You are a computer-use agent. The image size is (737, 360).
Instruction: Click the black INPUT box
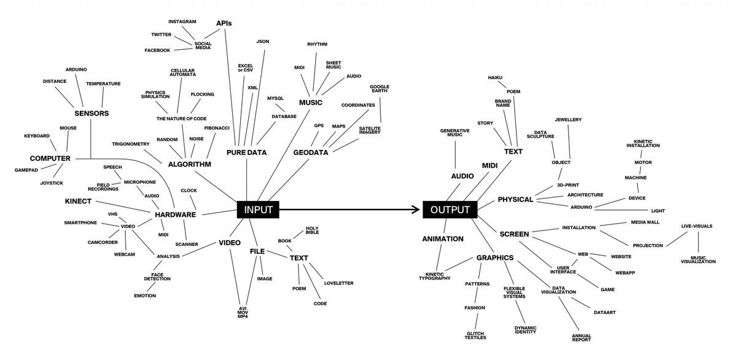258,209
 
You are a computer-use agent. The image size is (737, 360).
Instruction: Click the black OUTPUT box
450,209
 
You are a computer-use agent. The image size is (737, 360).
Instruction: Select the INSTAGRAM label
182,22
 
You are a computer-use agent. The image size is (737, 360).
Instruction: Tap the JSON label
263,41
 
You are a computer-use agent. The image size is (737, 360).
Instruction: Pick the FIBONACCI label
217,128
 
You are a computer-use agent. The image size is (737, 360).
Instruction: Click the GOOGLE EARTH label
380,88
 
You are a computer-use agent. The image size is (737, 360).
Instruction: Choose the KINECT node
78,201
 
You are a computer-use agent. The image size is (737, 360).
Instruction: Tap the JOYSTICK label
52,183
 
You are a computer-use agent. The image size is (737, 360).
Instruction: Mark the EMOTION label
145,296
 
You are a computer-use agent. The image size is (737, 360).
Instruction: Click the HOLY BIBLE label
312,230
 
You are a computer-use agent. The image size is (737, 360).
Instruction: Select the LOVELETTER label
338,283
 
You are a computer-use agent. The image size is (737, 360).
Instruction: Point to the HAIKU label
495,77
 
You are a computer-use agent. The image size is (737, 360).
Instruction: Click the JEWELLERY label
568,120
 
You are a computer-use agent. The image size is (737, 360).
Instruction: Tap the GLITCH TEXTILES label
475,335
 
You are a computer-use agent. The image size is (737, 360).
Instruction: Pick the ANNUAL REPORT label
582,338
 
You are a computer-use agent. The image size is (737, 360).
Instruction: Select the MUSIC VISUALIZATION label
698,260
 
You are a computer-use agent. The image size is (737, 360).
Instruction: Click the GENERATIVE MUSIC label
454,133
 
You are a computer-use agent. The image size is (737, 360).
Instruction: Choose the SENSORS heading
92,114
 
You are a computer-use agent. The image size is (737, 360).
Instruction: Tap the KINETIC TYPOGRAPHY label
435,276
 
